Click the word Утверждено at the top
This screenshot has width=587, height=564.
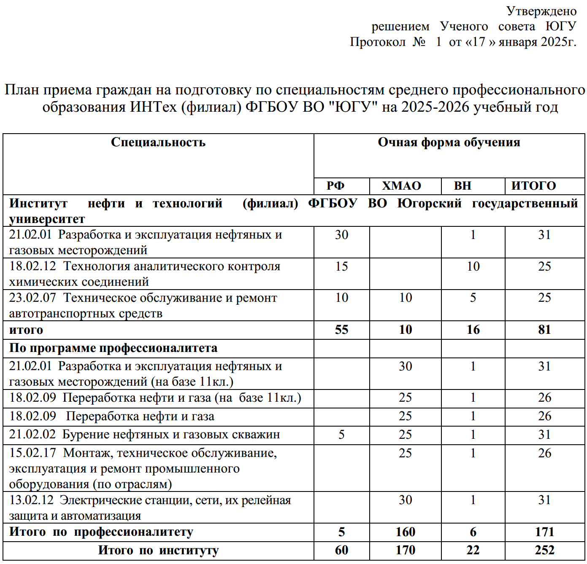tap(541, 11)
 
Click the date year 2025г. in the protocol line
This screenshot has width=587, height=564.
tap(558, 42)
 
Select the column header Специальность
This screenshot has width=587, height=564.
tap(158, 142)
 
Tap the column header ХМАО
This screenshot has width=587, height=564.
tap(402, 186)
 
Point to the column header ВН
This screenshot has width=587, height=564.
tap(463, 186)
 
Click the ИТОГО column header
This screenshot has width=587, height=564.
tap(534, 186)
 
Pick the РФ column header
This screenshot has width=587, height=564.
tap(335, 186)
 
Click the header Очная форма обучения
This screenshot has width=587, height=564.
tap(449, 142)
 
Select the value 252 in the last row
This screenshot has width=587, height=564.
tap(544, 550)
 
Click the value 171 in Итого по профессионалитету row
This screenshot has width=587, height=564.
tap(544, 532)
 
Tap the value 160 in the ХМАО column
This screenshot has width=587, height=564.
tap(406, 532)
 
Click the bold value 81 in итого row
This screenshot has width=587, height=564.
tap(544, 330)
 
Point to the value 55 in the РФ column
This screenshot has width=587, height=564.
tap(341, 330)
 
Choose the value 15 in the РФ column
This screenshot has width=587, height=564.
tap(341, 266)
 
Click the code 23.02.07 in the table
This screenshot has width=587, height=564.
tap(32, 298)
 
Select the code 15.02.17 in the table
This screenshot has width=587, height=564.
tap(32, 453)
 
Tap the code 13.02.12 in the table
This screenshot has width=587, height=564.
tap(32, 500)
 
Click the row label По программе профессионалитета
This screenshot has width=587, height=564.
tap(114, 348)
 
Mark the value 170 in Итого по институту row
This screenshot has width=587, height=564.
tap(406, 550)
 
